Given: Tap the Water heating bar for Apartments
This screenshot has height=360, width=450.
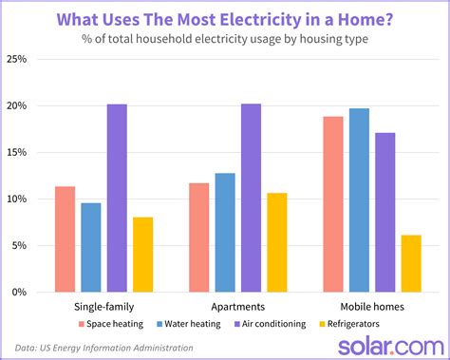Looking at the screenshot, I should click(x=225, y=232).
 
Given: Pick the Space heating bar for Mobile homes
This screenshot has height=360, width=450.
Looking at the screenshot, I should click(x=332, y=204).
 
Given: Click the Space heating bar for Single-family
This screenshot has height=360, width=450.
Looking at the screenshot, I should click(x=65, y=238).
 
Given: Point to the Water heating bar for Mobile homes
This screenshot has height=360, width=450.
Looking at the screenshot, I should click(x=359, y=200).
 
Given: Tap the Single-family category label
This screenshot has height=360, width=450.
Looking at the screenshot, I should click(x=103, y=307).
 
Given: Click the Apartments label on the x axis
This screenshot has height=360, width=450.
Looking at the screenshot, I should click(x=238, y=307).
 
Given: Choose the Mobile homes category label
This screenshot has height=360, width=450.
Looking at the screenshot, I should click(x=371, y=307).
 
